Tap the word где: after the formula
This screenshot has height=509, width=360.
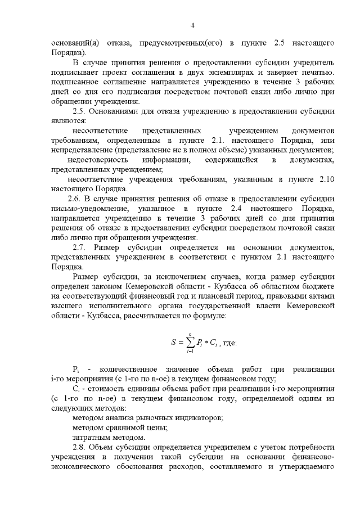(229, 342)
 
